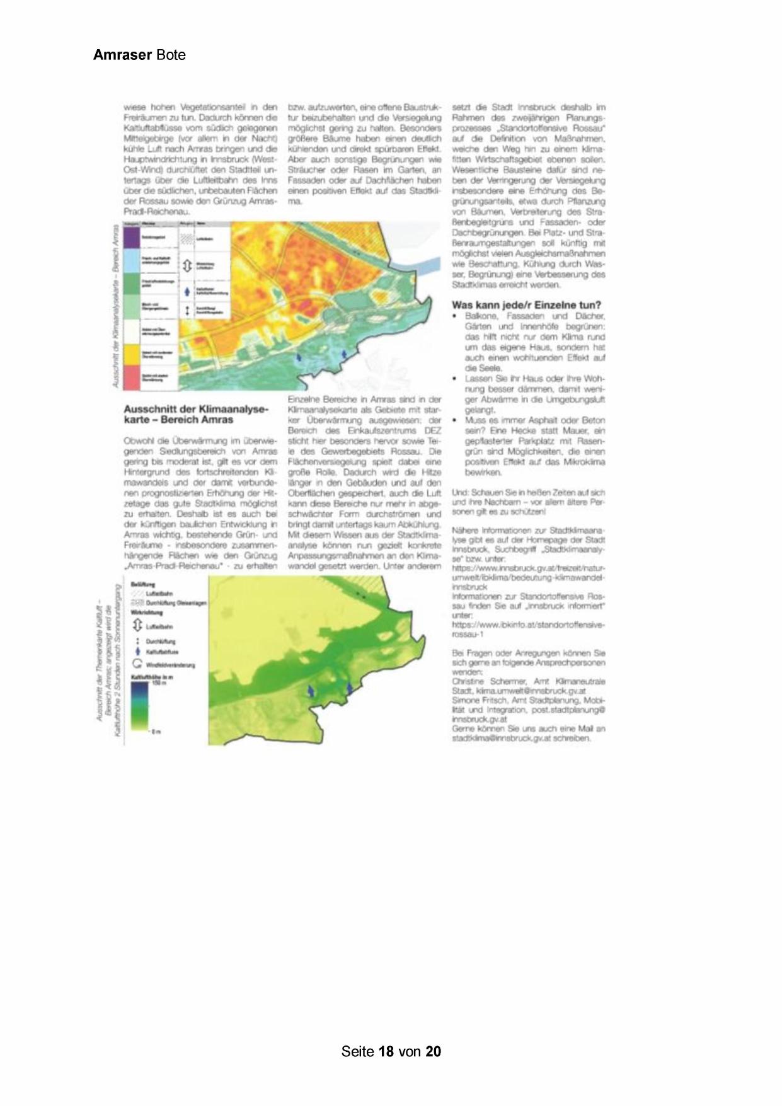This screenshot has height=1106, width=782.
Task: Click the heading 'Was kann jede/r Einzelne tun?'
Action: click(x=526, y=305)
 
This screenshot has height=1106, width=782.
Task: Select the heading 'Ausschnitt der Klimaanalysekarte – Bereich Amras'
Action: click(x=196, y=415)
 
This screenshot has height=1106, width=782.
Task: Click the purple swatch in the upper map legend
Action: click(x=132, y=238)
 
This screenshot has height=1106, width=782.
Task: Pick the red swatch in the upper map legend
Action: click(x=132, y=377)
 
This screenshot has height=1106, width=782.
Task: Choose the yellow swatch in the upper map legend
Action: click(x=132, y=354)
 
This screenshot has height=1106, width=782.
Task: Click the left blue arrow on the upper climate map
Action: click(x=299, y=357)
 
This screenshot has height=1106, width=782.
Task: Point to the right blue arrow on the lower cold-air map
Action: click(x=350, y=689)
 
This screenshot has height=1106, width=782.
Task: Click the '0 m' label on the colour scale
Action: click(x=156, y=731)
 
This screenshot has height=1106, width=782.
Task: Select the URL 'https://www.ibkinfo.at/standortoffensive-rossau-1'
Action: click(x=527, y=629)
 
